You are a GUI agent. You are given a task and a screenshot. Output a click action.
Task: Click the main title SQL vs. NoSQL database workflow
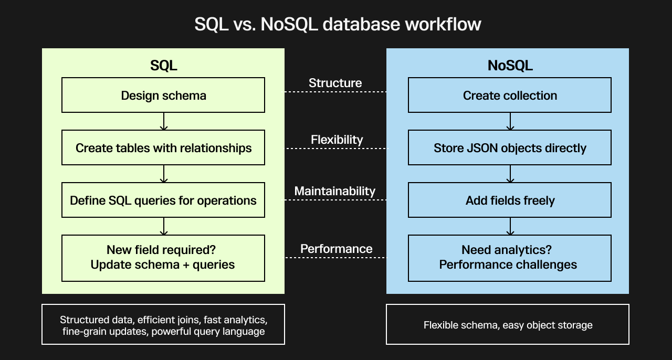(x=338, y=24)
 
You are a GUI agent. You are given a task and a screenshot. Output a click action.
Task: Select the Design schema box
(x=163, y=95)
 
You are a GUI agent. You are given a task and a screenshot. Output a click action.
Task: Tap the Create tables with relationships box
(x=163, y=147)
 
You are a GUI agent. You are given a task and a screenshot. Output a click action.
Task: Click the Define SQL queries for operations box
(x=163, y=200)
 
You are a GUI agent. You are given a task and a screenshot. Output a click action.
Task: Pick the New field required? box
(x=163, y=258)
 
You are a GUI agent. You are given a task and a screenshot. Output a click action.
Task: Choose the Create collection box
(x=510, y=95)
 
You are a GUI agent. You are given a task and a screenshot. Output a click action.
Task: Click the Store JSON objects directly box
(x=510, y=147)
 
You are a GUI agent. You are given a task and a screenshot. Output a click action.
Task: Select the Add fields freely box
(x=510, y=200)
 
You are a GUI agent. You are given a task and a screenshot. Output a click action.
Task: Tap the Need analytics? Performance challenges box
(x=510, y=258)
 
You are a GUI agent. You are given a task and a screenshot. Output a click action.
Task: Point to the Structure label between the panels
(x=335, y=83)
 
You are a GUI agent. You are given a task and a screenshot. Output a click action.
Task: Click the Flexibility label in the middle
(x=337, y=140)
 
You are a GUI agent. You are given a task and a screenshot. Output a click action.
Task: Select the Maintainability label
(x=335, y=191)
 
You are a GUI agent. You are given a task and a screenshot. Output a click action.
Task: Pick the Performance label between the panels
(x=336, y=249)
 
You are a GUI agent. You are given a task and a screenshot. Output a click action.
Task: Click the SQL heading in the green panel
(x=163, y=66)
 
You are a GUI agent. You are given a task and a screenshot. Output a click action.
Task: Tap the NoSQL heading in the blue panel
(x=510, y=66)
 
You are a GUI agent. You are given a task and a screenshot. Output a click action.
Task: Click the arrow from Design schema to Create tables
(x=164, y=122)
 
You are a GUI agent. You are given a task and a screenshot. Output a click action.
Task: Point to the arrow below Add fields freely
(x=510, y=227)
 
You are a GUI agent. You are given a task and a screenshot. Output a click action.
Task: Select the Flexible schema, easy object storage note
(x=508, y=325)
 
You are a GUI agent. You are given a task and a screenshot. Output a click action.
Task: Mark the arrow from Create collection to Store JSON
(x=510, y=122)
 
